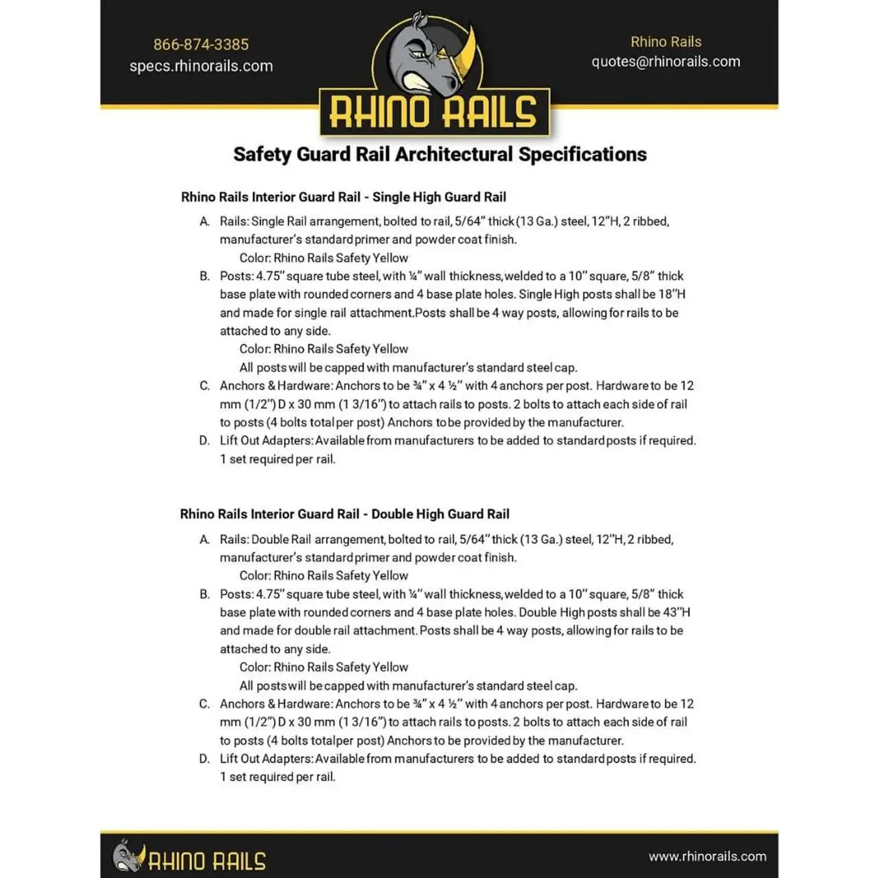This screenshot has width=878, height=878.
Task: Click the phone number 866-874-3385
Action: [x=201, y=45]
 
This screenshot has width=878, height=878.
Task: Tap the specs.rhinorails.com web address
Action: [x=201, y=67]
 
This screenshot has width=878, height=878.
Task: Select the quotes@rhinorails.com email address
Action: [x=665, y=62]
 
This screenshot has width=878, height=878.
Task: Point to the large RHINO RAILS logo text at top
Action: [x=433, y=112]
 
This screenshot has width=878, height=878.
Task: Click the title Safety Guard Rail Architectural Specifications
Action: [x=440, y=154]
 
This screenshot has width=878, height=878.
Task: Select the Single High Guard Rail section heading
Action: [x=343, y=198]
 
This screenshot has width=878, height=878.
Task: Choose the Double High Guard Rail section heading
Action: [x=344, y=514]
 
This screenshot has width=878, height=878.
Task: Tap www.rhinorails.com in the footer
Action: [x=707, y=856]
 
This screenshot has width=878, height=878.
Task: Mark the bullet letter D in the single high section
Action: [x=204, y=441]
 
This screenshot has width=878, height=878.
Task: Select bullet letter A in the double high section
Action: [x=204, y=540]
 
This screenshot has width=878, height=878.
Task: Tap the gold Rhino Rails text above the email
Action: [x=665, y=42]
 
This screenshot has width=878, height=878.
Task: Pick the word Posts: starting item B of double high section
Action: [x=237, y=595]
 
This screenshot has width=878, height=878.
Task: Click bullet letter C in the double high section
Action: [x=204, y=704]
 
